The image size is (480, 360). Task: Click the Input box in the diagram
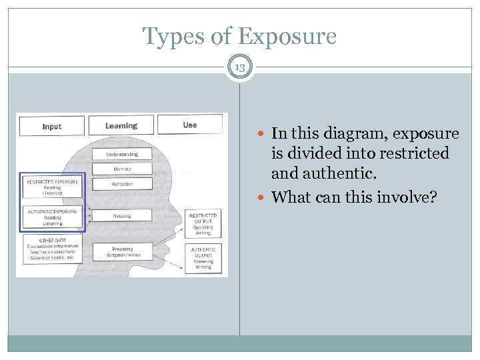51,127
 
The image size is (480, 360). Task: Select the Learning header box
121,125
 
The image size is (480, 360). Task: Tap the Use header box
190,125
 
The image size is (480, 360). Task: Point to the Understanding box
122,154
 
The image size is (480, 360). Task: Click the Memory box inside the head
122,169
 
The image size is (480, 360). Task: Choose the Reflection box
122,183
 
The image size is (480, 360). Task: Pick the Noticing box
122,216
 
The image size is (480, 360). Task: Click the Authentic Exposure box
52,217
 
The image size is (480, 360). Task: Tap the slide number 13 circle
240,67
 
